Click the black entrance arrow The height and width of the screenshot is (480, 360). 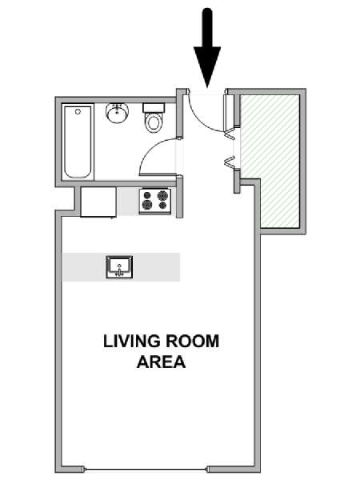click(207, 49)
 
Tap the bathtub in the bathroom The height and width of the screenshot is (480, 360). click(78, 143)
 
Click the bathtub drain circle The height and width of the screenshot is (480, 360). click(78, 112)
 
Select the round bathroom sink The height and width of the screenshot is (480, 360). click(118, 113)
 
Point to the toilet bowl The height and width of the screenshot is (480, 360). click(154, 122)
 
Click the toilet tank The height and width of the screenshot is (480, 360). click(154, 108)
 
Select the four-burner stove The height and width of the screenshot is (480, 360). click(155, 201)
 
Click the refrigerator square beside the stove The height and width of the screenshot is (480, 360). click(98, 202)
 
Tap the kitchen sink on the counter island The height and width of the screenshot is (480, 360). click(119, 267)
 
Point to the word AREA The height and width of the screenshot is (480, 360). click(162, 362)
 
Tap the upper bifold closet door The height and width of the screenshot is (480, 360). click(230, 134)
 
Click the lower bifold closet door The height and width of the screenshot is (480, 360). click(230, 162)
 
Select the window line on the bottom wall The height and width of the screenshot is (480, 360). click(146, 470)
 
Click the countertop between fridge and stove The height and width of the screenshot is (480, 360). click(128, 202)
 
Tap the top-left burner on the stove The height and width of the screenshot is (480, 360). click(147, 195)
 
